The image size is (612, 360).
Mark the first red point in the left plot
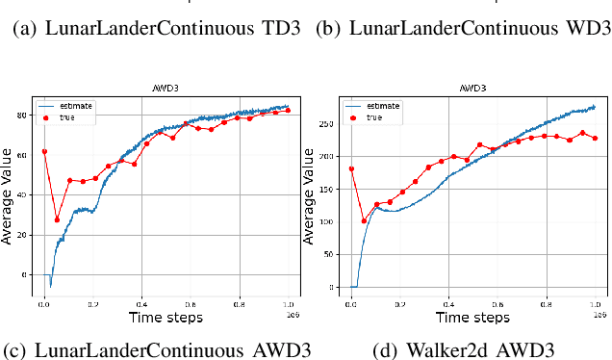(44, 151)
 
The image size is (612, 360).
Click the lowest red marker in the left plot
(57, 219)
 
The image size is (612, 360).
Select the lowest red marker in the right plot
(364, 220)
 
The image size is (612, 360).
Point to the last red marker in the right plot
(595, 138)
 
